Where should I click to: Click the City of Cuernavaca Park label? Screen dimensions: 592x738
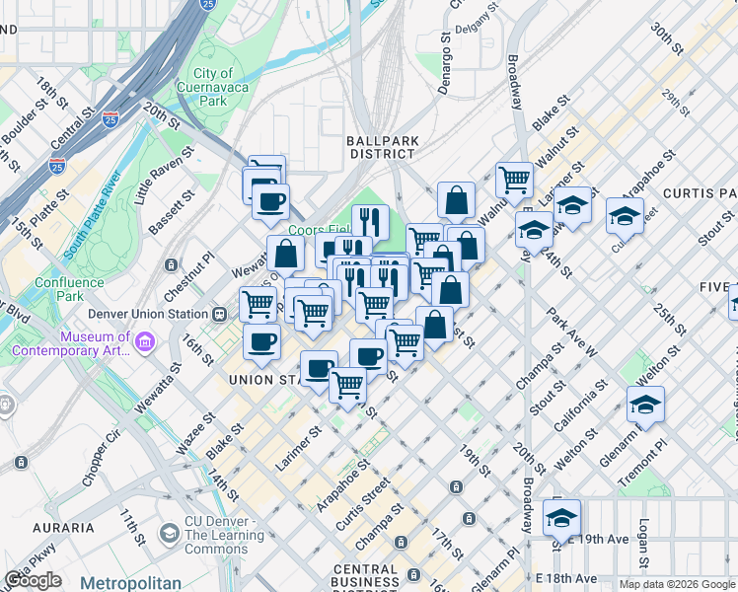(x=212, y=87)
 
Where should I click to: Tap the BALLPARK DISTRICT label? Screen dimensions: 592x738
(x=381, y=147)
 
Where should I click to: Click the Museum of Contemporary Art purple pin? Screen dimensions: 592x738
(x=146, y=342)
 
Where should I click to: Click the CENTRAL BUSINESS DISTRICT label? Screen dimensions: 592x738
(x=379, y=577)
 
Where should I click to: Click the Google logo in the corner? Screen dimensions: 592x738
(x=33, y=580)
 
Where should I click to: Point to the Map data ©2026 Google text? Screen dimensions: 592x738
(x=677, y=584)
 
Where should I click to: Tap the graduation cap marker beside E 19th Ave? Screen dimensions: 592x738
(x=561, y=515)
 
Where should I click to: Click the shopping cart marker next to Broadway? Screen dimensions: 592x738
(x=514, y=179)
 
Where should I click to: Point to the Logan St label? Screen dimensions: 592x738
(x=643, y=544)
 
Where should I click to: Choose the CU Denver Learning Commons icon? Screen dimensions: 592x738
(x=170, y=534)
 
